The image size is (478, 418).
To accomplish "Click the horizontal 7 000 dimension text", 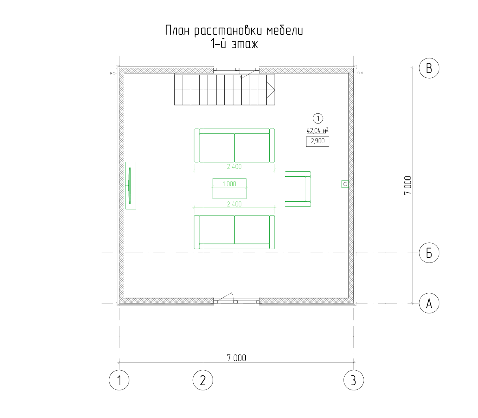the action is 236,358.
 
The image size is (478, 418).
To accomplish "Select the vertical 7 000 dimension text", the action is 407,186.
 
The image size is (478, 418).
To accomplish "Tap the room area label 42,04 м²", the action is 317,130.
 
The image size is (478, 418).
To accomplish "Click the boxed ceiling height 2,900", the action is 317,141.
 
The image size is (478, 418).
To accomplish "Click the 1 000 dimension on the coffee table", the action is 229,184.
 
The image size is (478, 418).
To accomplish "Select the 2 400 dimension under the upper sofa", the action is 234,167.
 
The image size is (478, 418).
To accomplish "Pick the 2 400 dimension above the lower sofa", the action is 234,204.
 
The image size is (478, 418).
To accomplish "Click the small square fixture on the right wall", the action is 345,184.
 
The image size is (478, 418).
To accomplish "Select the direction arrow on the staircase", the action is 271,89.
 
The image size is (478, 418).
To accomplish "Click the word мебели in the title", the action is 285,31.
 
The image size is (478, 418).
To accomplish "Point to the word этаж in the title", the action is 245,44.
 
